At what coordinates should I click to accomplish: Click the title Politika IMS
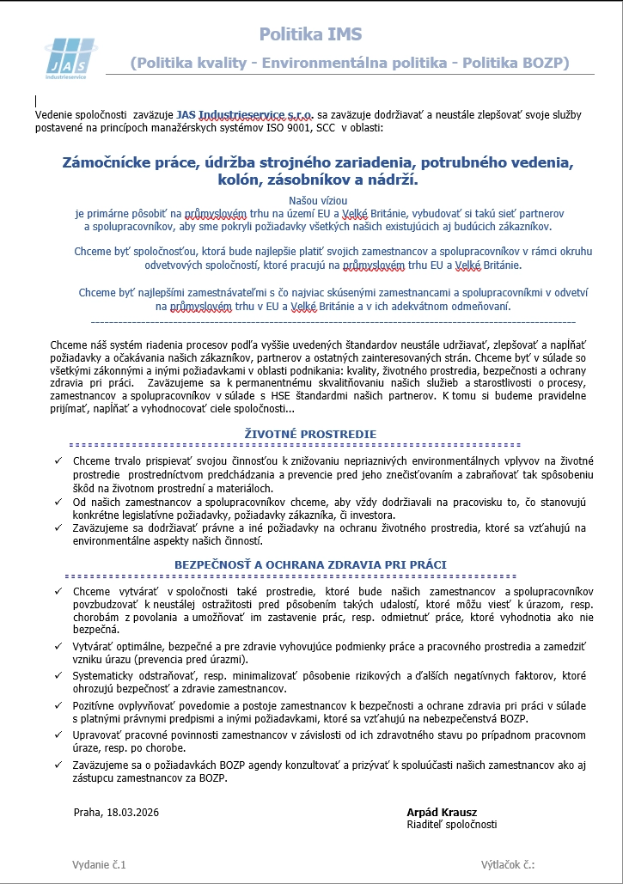pos(310,34)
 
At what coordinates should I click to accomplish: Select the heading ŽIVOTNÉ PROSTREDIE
pos(310,435)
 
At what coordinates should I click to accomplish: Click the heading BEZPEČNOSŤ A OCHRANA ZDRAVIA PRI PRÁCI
pos(310,564)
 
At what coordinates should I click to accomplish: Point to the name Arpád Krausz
pos(442,812)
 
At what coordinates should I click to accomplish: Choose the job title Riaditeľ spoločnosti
pos(451,825)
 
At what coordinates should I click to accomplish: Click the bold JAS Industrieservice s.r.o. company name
pos(245,114)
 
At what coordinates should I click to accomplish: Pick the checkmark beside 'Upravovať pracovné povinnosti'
pos(57,736)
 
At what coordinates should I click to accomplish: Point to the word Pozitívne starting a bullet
pos(96,706)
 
